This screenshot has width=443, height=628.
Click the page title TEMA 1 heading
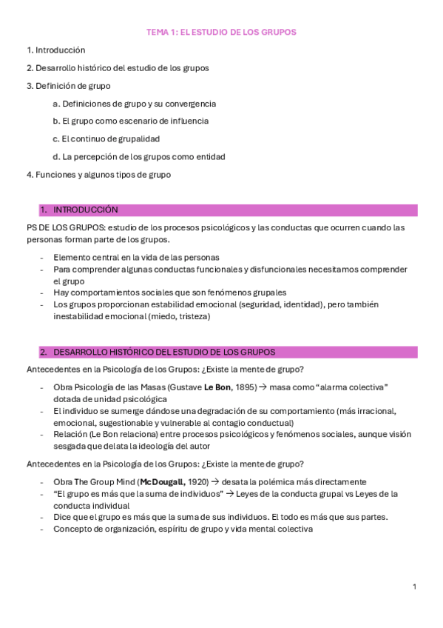coord(221,33)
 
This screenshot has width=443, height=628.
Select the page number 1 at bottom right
coord(414,587)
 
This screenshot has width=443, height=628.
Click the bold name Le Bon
coord(217,387)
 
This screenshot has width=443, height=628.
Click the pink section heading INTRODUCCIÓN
coord(85,210)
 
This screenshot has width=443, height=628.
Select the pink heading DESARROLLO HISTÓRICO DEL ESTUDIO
coord(163,352)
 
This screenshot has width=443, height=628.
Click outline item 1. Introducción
coord(55,50)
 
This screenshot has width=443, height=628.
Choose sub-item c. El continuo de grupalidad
coord(106,138)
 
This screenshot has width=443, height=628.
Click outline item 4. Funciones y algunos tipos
coord(98,175)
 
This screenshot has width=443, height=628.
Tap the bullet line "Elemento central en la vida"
coord(136,257)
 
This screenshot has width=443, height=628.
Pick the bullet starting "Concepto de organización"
coord(183,529)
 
